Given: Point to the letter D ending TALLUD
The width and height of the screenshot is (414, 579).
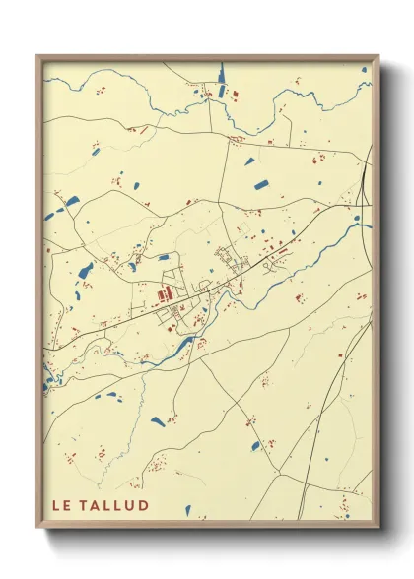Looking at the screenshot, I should tap(144, 506).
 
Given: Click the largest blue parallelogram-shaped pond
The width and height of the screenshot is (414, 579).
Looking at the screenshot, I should tap(261, 183).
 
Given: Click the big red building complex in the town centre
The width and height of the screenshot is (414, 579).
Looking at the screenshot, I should tap(165, 292).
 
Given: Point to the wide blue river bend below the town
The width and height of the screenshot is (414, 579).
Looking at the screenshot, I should tap(182, 345).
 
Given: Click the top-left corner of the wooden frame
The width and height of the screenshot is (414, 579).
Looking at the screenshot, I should tap(38, 56).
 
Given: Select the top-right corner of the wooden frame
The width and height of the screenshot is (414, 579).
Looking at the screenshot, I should tap(379, 56).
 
